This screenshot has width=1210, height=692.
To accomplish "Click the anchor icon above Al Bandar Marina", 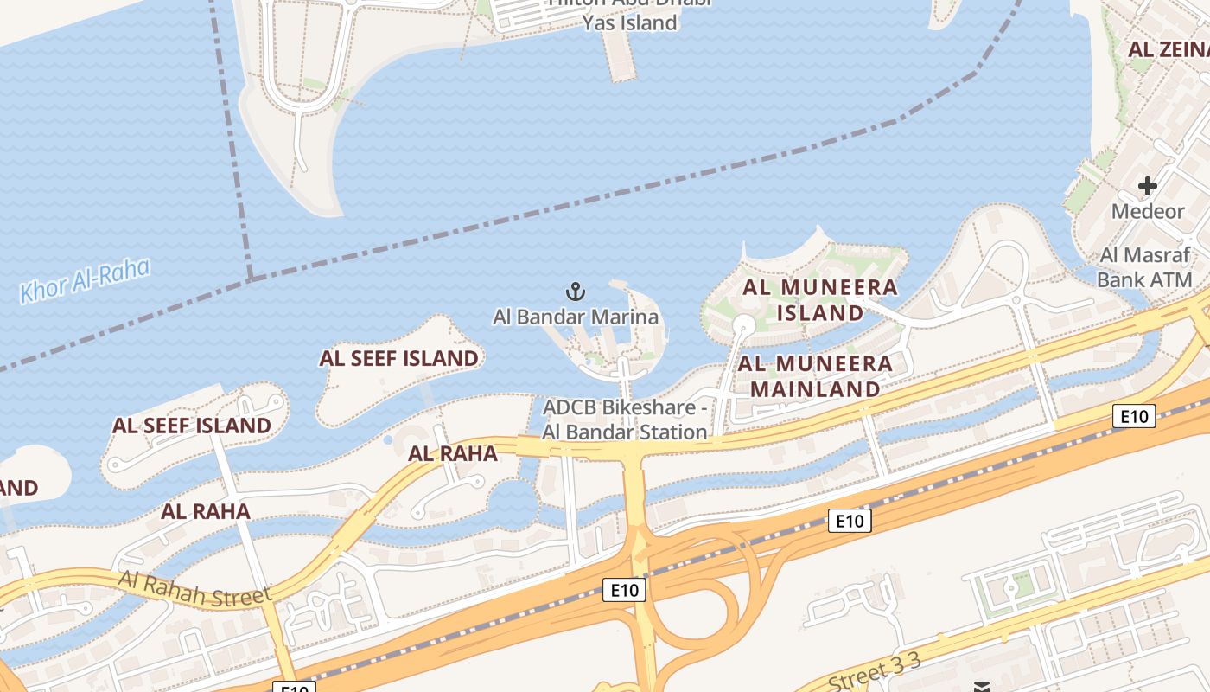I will [575, 292].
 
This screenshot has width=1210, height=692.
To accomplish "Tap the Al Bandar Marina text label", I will [576, 317].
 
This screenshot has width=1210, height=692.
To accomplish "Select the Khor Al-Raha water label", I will [85, 281].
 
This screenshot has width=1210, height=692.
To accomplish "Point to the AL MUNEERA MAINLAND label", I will [815, 376].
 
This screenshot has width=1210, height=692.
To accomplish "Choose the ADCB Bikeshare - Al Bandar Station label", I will [625, 420].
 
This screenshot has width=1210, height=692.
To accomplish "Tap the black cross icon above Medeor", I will [1147, 186].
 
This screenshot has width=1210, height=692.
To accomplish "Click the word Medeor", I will [1147, 212].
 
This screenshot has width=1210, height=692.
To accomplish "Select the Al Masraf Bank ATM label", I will [1145, 267].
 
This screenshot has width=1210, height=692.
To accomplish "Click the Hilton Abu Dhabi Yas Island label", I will [629, 14].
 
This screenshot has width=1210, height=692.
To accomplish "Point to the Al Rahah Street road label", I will [195, 587].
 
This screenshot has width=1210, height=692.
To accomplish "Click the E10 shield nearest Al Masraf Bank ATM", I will [1133, 417].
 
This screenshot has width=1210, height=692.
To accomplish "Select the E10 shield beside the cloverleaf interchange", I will [624, 590].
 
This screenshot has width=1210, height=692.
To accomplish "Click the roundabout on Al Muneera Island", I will [742, 324].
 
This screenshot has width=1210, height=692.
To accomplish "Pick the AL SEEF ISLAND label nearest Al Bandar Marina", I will [398, 358].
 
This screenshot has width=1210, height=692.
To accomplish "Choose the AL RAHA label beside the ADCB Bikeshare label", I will [453, 453].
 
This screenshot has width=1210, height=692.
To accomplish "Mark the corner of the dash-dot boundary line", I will [251, 279].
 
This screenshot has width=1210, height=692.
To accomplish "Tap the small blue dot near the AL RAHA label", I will [388, 440].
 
